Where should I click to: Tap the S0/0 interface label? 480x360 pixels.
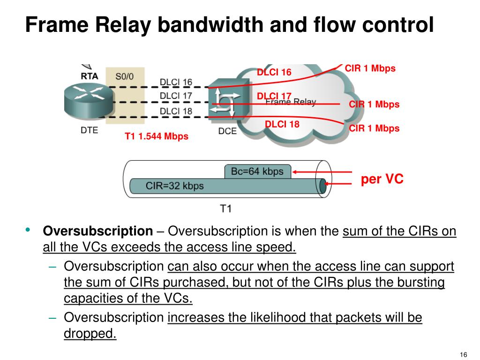click(x=124, y=76)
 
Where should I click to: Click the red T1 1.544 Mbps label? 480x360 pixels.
click(x=156, y=136)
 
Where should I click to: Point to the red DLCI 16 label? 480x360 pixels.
click(x=274, y=72)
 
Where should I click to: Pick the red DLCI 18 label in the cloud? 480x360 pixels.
click(x=282, y=124)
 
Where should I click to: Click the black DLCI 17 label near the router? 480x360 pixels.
click(x=176, y=96)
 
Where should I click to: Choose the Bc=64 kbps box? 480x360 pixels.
click(x=257, y=172)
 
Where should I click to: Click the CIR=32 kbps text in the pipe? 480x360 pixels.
click(x=174, y=186)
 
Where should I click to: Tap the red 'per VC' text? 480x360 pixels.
click(x=382, y=179)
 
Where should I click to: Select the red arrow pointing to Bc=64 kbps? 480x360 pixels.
click(x=322, y=172)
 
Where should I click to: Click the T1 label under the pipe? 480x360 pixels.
click(x=226, y=209)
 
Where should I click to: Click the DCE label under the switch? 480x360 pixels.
click(x=227, y=131)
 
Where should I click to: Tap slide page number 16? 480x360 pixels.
click(x=465, y=353)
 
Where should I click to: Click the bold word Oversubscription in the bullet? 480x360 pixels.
click(x=98, y=232)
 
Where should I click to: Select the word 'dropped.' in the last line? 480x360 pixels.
click(x=90, y=333)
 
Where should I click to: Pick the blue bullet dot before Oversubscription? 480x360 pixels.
click(x=28, y=230)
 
